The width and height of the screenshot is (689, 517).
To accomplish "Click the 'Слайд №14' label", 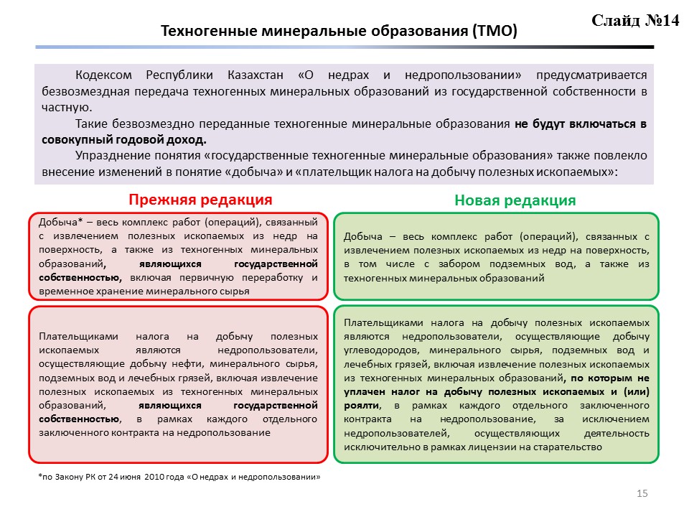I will (635, 20).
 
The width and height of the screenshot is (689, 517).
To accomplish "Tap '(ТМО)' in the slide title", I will (495, 32).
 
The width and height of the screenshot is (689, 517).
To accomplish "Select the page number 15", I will (642, 493).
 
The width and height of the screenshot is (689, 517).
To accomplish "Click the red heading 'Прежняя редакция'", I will (200, 199).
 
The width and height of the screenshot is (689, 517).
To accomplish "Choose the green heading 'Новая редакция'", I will (515, 200).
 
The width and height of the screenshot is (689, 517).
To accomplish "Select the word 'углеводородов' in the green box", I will (380, 350).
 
